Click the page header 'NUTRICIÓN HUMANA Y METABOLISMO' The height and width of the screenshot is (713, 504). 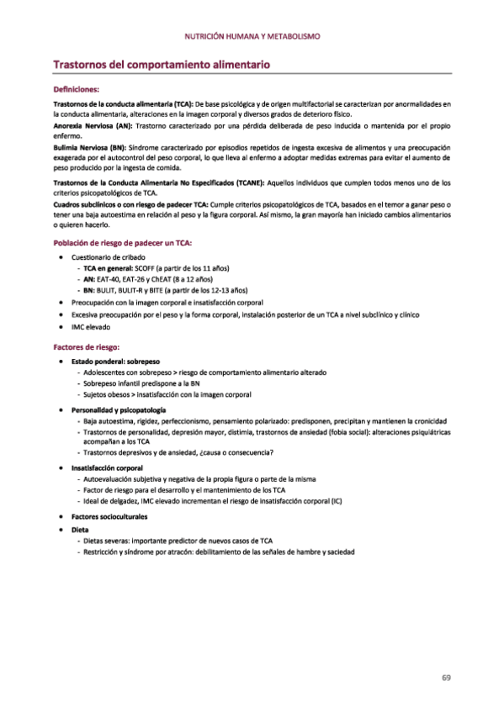pos(252,36)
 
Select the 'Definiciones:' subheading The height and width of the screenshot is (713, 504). pos(76,88)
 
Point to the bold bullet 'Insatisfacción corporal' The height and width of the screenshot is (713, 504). pos(107,467)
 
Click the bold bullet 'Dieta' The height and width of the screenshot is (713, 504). pos(80,530)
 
